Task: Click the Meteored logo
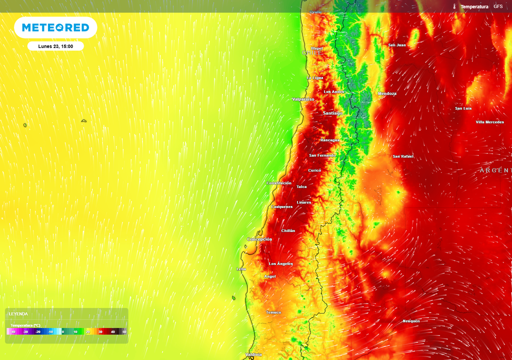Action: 55,27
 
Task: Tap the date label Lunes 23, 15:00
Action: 55,46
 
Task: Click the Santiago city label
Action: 333,113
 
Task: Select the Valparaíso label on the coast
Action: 303,99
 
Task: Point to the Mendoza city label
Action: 387,93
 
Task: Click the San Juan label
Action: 397,45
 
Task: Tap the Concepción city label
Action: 259,239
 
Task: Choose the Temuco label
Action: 273,312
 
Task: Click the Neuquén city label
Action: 411,321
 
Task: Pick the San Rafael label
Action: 403,156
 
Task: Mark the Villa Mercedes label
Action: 489,122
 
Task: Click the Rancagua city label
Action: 329,140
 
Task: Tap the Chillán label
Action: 288,230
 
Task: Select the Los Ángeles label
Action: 281,263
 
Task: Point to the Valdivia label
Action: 253,354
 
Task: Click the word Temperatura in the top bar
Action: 474,6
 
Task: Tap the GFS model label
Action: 498,6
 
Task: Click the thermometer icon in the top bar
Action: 454,6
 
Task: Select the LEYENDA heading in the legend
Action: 18,314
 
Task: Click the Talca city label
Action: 301,186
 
